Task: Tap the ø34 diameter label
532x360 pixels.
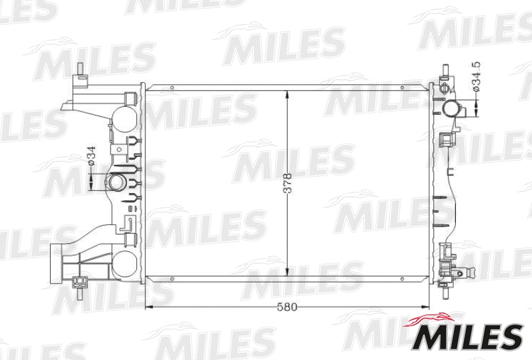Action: [89, 156]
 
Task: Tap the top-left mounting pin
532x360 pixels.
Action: [81, 70]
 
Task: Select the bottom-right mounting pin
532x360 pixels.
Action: [446, 290]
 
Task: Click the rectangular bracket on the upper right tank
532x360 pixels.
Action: [446, 140]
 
